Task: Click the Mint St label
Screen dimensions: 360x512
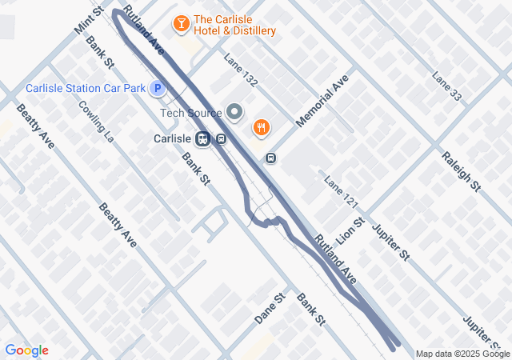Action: click(90, 21)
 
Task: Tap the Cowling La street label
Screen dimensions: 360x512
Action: click(97, 120)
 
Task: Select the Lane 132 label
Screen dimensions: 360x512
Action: click(241, 70)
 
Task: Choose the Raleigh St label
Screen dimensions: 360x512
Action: click(460, 170)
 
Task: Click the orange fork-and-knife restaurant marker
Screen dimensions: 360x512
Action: click(261, 127)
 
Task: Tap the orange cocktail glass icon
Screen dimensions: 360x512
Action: click(182, 24)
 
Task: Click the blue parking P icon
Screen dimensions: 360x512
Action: click(158, 88)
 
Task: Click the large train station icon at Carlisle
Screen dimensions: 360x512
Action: click(203, 138)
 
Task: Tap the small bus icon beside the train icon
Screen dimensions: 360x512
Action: click(221, 138)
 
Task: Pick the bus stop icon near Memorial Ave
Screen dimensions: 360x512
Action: click(271, 158)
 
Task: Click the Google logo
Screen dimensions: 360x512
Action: click(26, 350)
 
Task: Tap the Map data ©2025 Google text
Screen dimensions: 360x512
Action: click(462, 354)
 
